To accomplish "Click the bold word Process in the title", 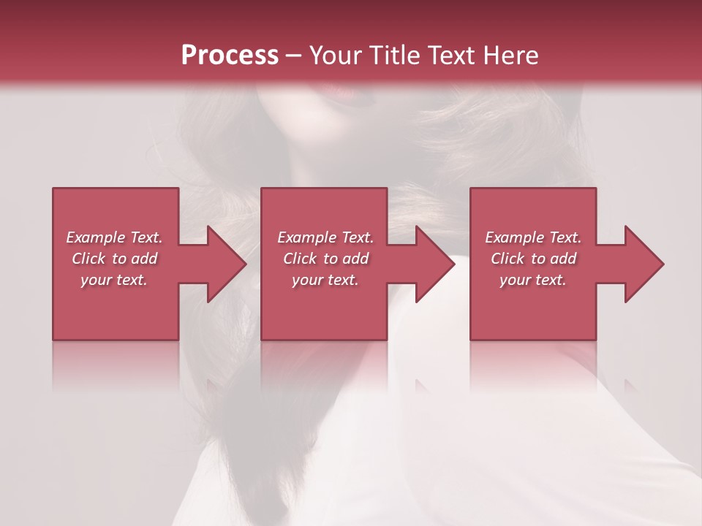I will coord(230,56).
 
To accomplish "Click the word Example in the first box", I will coord(96,237).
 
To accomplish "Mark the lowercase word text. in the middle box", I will coord(342,280).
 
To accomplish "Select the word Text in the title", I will coord(448,56).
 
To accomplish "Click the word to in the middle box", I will coord(331,259).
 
